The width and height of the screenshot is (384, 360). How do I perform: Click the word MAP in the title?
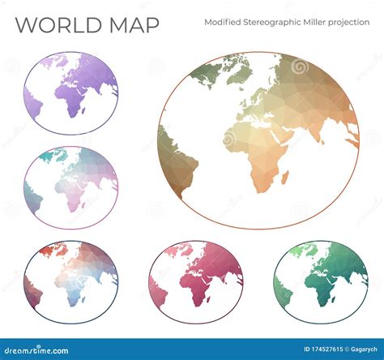(x=130, y=25)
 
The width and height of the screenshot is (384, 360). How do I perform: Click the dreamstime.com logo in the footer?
(x=41, y=349)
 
